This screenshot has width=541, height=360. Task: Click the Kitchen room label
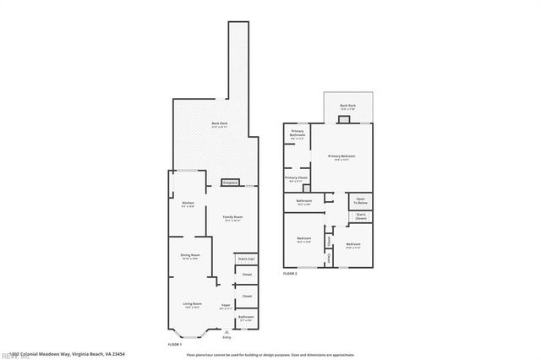(188, 202)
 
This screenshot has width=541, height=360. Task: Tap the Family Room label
(221, 218)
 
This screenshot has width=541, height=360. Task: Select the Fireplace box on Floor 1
(230, 183)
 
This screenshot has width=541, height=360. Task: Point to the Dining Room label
(189, 255)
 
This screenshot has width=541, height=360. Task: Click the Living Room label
(192, 303)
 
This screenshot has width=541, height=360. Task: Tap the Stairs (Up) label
(247, 259)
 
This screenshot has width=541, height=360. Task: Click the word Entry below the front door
(226, 337)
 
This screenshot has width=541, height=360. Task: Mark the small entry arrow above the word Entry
(226, 331)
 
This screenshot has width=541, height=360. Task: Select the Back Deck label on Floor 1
(218, 125)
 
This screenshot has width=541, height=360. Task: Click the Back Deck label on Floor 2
(347, 106)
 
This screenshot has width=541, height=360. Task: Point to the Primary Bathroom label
(298, 133)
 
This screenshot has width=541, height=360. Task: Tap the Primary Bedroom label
(342, 156)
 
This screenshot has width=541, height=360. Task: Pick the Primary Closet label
(296, 178)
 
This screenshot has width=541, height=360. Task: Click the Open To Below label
(361, 201)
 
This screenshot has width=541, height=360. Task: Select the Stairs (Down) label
(361, 215)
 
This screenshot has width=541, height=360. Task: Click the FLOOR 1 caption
(175, 345)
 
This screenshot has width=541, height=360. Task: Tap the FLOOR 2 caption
(290, 274)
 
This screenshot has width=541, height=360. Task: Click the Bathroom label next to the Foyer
(247, 318)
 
